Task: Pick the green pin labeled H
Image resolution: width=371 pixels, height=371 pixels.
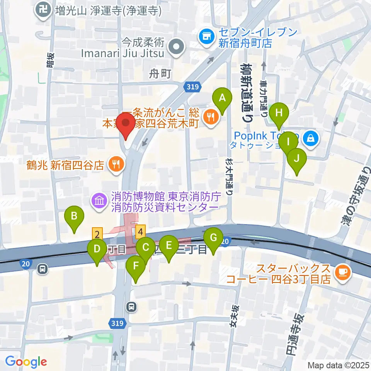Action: point(279,115)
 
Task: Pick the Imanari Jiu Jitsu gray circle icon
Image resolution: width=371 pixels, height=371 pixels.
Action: point(177,48)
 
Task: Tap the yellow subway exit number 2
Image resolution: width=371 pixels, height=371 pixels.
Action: point(97,234)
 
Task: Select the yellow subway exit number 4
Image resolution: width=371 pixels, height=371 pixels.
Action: point(141,231)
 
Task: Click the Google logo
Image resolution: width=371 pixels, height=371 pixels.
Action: point(26,362)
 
